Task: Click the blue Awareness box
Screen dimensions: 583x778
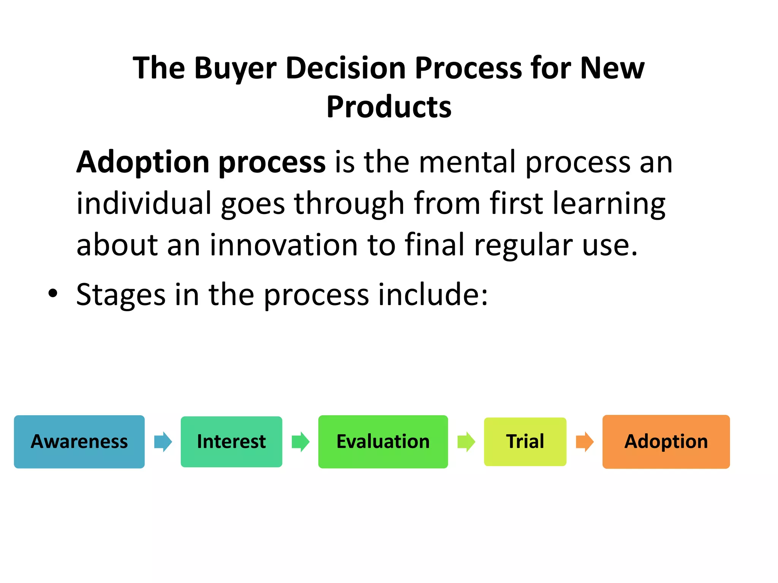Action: click(x=79, y=441)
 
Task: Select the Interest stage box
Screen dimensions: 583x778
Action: click(x=231, y=441)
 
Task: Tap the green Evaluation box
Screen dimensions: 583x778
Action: click(x=383, y=441)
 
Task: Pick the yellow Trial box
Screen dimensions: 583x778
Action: click(x=525, y=441)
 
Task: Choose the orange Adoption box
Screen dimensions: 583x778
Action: click(x=666, y=441)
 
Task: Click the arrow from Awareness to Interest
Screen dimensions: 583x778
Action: click(x=163, y=441)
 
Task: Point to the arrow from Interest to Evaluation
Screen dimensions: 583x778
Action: click(x=300, y=441)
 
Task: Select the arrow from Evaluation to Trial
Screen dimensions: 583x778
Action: click(x=466, y=441)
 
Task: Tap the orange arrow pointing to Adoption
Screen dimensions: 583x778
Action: click(x=585, y=441)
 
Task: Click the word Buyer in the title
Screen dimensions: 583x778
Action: click(x=235, y=68)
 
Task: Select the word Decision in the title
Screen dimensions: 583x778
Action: click(x=346, y=68)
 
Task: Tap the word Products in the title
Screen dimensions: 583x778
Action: click(x=389, y=107)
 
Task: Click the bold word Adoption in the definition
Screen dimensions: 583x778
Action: click(x=143, y=162)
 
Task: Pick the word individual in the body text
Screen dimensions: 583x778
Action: click(x=144, y=203)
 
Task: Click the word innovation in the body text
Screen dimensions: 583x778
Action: click(x=284, y=245)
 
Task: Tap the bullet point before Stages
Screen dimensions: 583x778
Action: click(x=53, y=293)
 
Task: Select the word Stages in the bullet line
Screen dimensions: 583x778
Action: click(x=121, y=295)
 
